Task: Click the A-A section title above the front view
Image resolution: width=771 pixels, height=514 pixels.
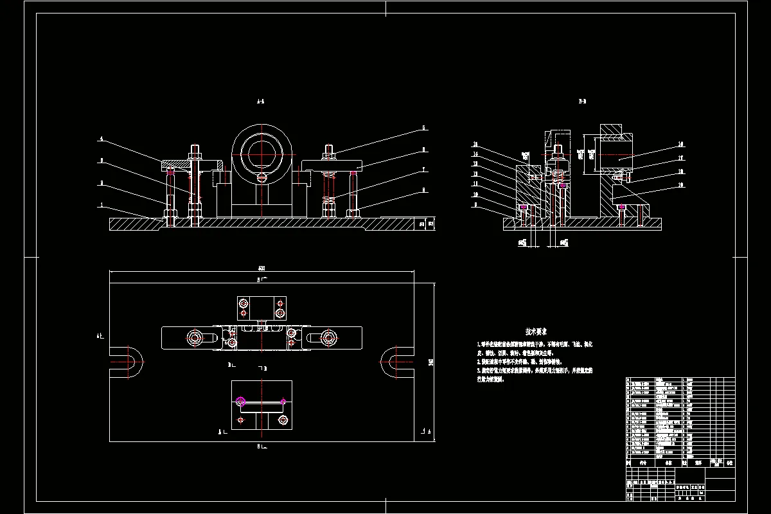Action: click(260, 102)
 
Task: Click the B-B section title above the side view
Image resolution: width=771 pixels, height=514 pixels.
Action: click(582, 102)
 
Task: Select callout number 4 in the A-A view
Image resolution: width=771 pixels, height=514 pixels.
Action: click(101, 139)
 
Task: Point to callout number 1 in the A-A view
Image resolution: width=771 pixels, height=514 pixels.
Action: click(101, 206)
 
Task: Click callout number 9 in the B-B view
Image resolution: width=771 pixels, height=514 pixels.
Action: click(475, 204)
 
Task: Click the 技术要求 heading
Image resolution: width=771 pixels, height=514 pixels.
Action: click(536, 332)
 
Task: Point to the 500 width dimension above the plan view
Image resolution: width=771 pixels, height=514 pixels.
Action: click(261, 268)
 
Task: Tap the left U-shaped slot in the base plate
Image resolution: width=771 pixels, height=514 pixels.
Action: click(127, 362)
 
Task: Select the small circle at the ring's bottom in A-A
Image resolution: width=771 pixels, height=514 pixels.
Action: click(262, 178)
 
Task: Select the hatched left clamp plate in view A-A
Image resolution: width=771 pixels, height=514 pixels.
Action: click(186, 163)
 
